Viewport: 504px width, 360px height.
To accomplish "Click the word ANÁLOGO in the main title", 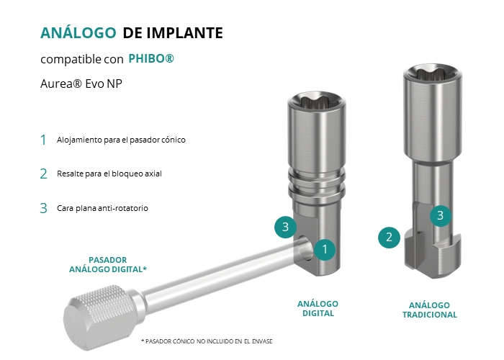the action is tap(78, 33).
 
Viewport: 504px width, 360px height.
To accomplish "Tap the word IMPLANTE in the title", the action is tap(185, 33).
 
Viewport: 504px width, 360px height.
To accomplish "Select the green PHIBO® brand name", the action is tap(151, 58).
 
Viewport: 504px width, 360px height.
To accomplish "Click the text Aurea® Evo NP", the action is tap(81, 84).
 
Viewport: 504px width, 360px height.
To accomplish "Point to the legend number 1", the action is tap(43, 140).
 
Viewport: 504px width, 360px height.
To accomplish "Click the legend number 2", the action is tap(43, 174).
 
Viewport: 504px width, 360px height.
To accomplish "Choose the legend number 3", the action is tap(43, 208).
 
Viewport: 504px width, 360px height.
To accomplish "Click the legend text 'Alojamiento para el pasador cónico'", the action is tap(121, 140).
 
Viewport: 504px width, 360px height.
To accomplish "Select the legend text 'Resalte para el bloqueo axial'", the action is tap(109, 174).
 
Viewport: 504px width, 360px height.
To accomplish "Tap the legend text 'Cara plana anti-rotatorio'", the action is tap(102, 208).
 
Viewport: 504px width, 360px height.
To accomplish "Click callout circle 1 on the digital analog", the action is tap(325, 249).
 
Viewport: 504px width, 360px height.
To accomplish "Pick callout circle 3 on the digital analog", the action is tap(285, 227).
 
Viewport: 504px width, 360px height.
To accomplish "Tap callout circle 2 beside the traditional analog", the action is tap(389, 238).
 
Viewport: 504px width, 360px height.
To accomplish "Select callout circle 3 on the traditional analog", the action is tap(441, 216).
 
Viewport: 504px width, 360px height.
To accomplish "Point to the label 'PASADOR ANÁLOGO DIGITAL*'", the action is tap(108, 264).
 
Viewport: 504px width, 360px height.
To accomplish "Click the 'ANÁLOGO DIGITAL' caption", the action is tap(318, 309).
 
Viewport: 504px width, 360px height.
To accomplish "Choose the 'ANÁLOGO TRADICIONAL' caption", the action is tap(430, 310).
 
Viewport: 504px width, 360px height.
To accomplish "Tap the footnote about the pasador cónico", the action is tap(207, 341).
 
